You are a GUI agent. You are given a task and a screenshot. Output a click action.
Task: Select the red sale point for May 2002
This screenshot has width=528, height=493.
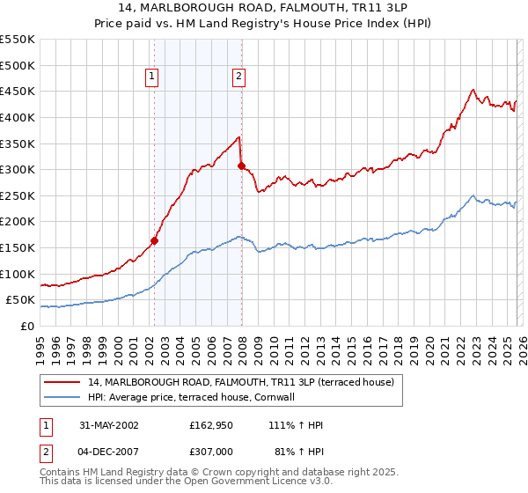[x=154, y=240]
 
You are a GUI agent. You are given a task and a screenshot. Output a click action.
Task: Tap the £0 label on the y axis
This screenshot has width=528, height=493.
[x=28, y=326]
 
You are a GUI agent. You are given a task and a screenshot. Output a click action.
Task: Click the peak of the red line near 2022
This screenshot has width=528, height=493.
[x=473, y=89]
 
